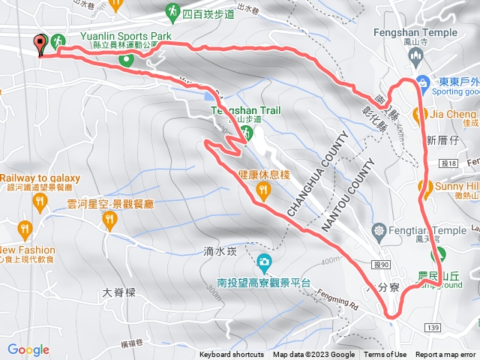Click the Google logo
click(28, 349)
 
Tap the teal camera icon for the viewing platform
click(264, 262)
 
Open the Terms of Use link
click(385, 355)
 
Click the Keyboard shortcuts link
click(232, 355)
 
